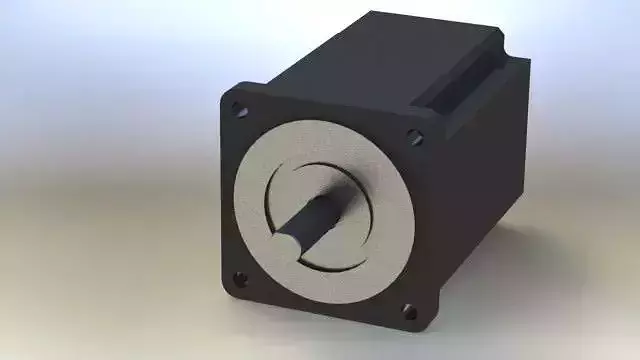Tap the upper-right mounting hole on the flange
(x=413, y=137)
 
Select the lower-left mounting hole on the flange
(x=239, y=278)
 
